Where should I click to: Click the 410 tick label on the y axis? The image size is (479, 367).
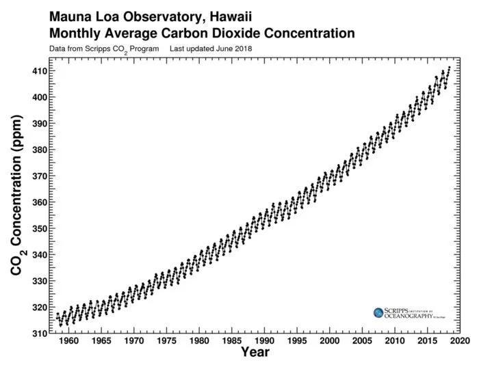pyautogui.click(x=38, y=71)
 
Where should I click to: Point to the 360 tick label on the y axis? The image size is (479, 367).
pyautogui.click(x=38, y=202)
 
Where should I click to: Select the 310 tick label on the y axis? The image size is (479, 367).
pyautogui.click(x=38, y=333)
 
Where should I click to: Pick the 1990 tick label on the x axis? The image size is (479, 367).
pyautogui.click(x=265, y=340)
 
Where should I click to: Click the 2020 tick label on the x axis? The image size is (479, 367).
pyautogui.click(x=461, y=340)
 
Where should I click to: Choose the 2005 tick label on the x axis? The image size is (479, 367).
pyautogui.click(x=363, y=340)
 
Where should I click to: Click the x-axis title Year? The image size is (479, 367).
pyautogui.click(x=255, y=353)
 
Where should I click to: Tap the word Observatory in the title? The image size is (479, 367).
pyautogui.click(x=153, y=14)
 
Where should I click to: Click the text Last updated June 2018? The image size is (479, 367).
pyautogui.click(x=211, y=49)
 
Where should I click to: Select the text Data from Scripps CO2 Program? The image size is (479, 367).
pyautogui.click(x=104, y=49)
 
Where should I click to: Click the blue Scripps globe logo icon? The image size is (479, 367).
pyautogui.click(x=378, y=312)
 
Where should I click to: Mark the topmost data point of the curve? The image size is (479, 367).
pyautogui.click(x=449, y=68)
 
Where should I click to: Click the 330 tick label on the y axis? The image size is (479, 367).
pyautogui.click(x=38, y=281)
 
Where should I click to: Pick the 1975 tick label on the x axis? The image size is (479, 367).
pyautogui.click(x=166, y=340)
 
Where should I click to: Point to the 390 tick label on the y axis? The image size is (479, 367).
pyautogui.click(x=38, y=124)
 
